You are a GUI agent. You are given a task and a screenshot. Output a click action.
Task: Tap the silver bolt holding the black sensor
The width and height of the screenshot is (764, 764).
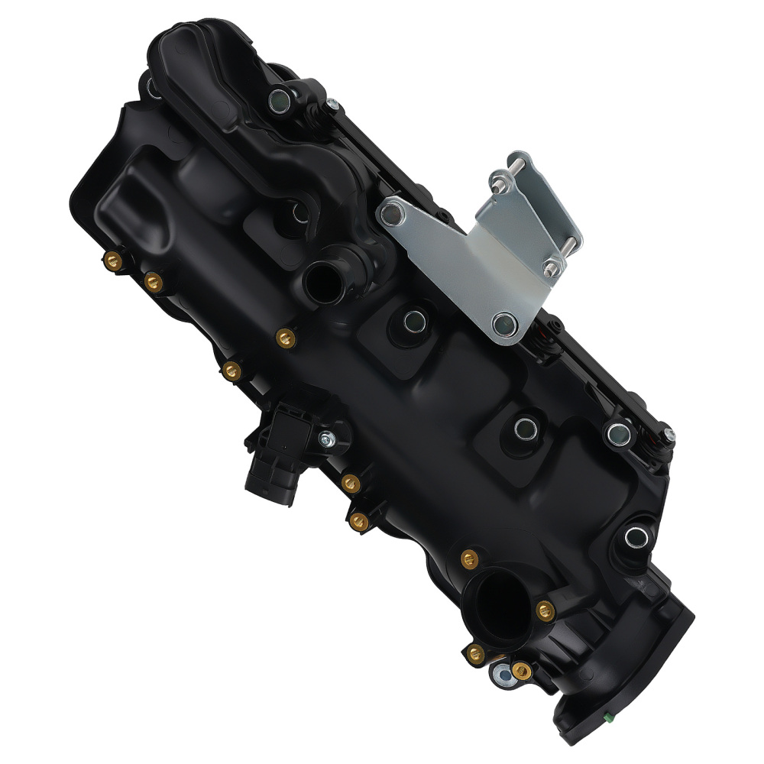coord(327,439)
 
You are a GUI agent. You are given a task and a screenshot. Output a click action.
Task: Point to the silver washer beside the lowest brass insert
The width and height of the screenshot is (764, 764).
coord(501,673)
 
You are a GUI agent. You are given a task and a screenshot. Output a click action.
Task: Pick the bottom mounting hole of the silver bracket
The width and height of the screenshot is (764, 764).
coord(504,325)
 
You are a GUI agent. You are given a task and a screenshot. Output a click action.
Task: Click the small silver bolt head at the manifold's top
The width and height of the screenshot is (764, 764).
coord(332,105)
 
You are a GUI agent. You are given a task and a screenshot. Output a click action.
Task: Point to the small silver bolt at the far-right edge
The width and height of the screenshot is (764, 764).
coord(668,435)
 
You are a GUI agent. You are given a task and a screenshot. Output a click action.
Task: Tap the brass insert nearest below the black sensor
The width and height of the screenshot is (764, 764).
coord(351,482)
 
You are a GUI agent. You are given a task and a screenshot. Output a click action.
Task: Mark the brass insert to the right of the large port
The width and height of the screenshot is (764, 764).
coord(544,609)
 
